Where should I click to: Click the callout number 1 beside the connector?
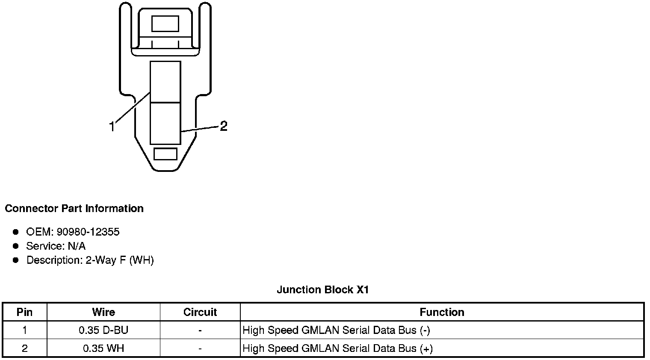tap(112, 127)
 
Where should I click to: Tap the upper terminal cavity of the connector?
tap(165, 81)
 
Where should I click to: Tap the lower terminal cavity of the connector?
tap(165, 123)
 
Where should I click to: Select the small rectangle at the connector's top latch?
tap(165, 24)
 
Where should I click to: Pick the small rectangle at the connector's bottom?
tap(165, 154)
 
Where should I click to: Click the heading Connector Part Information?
tap(74, 209)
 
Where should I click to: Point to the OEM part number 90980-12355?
tap(88, 232)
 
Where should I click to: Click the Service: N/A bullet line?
tap(56, 246)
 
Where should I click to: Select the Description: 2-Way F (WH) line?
tap(90, 260)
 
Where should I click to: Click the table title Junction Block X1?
tap(322, 290)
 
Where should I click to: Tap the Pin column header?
tap(24, 312)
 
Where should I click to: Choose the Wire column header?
tap(103, 312)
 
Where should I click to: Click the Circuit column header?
tap(200, 312)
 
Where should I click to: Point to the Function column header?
tap(442, 312)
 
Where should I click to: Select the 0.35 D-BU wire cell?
tap(103, 330)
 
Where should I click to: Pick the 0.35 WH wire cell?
tap(103, 348)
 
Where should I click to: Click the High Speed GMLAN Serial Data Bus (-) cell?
tap(336, 330)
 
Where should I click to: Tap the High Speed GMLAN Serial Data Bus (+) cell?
tap(337, 348)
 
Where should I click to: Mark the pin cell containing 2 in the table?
tap(24, 348)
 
